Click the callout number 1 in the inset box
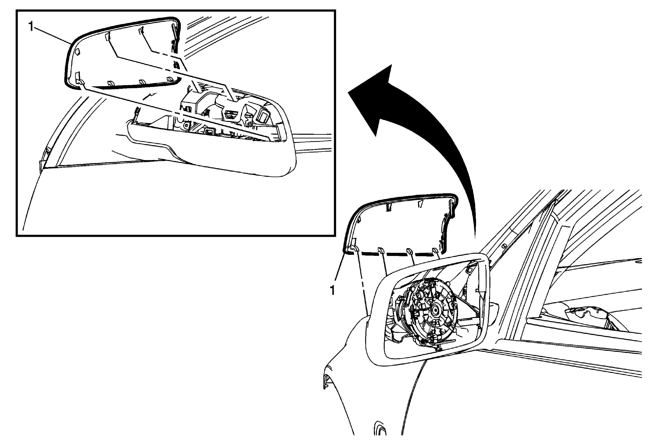click(x=30, y=26)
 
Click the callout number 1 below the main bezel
click(x=332, y=290)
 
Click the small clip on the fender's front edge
click(x=325, y=381)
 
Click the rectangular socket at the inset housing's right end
click(x=264, y=117)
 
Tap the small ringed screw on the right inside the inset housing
click(x=249, y=124)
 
